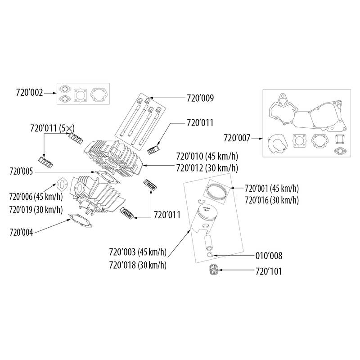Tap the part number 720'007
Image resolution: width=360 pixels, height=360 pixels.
point(238,139)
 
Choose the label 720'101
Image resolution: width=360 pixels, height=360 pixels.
point(269,272)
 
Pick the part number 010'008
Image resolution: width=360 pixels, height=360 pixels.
point(269,256)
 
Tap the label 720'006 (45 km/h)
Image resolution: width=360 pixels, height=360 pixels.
point(36,197)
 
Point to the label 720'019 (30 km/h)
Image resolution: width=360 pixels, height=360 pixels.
point(36,209)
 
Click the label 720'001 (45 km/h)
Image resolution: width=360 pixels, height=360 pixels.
point(272,188)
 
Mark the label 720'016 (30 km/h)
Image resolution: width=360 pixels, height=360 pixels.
point(272,199)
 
